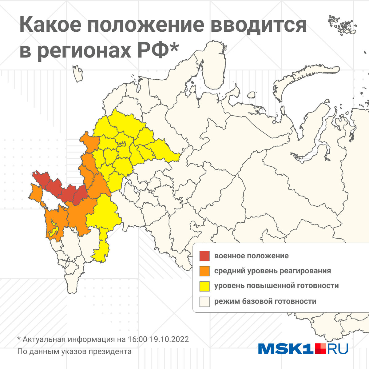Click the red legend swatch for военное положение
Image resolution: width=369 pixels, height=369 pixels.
click(204, 256)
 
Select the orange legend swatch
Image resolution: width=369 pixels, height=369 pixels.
click(204, 271)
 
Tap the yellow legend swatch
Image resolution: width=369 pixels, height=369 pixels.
click(204, 286)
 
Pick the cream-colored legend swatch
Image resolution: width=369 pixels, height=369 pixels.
click(204, 301)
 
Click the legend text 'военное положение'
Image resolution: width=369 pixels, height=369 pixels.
click(251, 256)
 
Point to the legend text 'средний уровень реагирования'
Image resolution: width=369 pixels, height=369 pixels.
click(272, 271)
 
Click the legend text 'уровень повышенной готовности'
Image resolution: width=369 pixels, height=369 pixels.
click(276, 286)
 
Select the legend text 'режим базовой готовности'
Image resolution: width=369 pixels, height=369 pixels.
click(265, 301)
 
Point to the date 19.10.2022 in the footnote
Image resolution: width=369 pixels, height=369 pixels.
click(169, 339)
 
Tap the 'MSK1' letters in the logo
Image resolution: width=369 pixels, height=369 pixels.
click(286, 349)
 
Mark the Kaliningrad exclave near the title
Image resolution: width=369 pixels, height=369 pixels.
click(78, 74)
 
